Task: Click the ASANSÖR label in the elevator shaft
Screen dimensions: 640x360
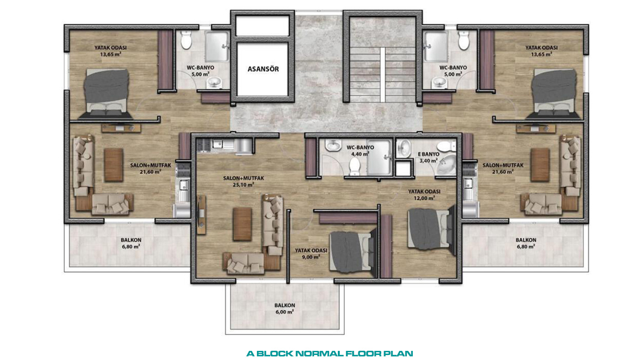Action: click(263, 69)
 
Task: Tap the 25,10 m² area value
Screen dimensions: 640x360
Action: click(243, 185)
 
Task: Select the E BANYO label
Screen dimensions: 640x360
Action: click(429, 154)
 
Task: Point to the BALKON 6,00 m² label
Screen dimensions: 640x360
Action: click(284, 309)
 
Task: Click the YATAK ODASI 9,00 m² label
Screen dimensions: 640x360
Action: click(311, 254)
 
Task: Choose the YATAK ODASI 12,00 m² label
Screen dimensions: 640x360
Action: click(424, 195)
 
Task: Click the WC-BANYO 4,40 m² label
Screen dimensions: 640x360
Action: click(360, 151)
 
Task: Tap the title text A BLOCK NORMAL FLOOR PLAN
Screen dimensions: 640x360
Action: click(330, 354)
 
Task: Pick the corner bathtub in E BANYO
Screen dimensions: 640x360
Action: click(446, 164)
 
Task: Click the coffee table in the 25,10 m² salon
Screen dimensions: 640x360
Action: click(242, 224)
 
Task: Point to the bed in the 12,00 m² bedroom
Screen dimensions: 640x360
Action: click(432, 230)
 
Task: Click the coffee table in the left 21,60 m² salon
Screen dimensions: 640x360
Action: click(114, 165)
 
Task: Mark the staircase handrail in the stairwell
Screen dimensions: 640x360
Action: click(383, 75)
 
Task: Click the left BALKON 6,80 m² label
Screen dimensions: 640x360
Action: click(131, 243)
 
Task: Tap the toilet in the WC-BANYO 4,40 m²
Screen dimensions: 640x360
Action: click(355, 167)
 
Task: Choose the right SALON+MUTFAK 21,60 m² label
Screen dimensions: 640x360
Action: click(503, 169)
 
